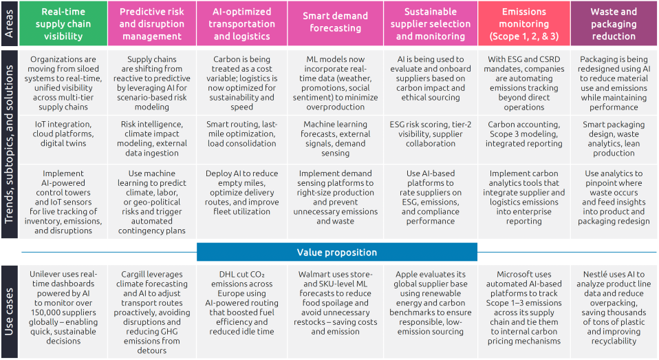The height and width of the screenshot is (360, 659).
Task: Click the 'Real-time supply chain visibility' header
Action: tap(63, 23)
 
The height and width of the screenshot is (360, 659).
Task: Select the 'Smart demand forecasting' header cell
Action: tap(335, 23)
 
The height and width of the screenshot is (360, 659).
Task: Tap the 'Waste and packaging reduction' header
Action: tap(613, 23)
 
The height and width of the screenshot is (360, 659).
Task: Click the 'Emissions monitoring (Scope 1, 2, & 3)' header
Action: tap(523, 23)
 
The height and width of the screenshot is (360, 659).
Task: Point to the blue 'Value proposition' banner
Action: tap(336, 252)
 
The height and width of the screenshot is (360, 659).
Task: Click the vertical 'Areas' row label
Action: tap(10, 23)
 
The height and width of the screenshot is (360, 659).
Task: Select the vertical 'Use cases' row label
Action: tap(10, 311)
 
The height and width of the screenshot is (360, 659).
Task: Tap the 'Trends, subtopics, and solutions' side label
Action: tap(10, 143)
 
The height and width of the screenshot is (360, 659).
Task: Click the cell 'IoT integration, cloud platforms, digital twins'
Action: tap(63, 134)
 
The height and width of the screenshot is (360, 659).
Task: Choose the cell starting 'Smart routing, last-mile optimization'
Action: tap(242, 134)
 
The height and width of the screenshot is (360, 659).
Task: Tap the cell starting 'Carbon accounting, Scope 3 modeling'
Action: tap(523, 134)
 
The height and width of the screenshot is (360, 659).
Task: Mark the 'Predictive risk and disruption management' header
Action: tap(151, 23)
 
